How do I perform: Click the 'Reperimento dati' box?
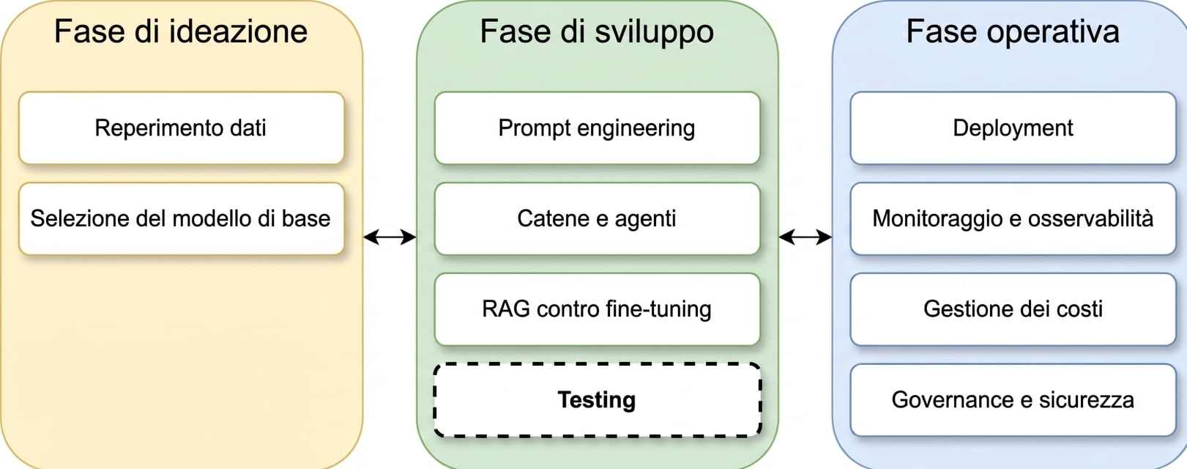pos(181,128)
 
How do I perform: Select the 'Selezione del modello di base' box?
pos(181,218)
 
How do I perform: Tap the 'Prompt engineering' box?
pos(598,128)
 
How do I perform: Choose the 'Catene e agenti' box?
pos(598,218)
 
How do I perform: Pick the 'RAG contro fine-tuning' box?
pos(598,309)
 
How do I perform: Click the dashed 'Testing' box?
pos(598,400)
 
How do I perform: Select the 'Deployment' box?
pos(1013,128)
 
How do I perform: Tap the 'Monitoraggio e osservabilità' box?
pos(1013,218)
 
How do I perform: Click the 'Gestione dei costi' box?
pos(1013,309)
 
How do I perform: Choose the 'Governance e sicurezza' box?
pos(1013,400)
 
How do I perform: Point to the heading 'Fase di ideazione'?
pos(181,32)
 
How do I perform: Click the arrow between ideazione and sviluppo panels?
pos(390,237)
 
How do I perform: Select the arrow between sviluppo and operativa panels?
pos(805,237)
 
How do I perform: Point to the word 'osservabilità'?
pos(1088,218)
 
